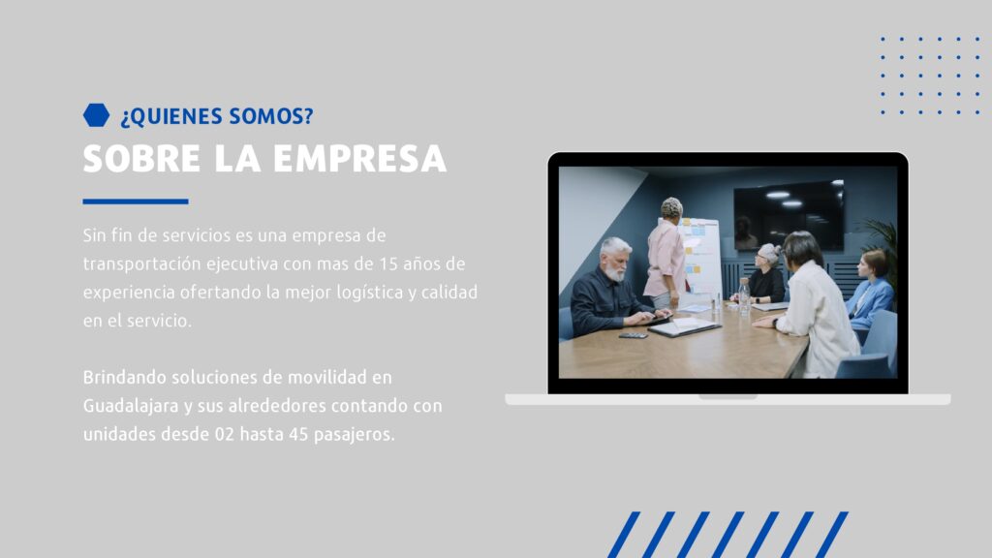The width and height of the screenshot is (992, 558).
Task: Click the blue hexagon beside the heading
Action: point(96,115)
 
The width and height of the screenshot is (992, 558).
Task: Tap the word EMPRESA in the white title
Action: point(360,159)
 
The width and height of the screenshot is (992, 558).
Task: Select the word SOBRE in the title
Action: point(141,159)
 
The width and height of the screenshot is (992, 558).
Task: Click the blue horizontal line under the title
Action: point(136,201)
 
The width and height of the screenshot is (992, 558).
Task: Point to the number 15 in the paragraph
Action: point(387,263)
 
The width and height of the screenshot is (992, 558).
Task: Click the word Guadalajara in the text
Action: point(131,407)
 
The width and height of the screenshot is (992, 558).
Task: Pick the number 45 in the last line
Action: point(298,435)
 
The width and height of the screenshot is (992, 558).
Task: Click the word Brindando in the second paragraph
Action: point(124,378)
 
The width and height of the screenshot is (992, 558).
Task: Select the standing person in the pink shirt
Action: point(666,253)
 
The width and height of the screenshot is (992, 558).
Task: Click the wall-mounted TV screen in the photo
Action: point(789,216)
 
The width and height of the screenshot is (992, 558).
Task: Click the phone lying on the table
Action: point(633,336)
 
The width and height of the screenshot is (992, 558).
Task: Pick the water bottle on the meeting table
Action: point(744,296)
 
